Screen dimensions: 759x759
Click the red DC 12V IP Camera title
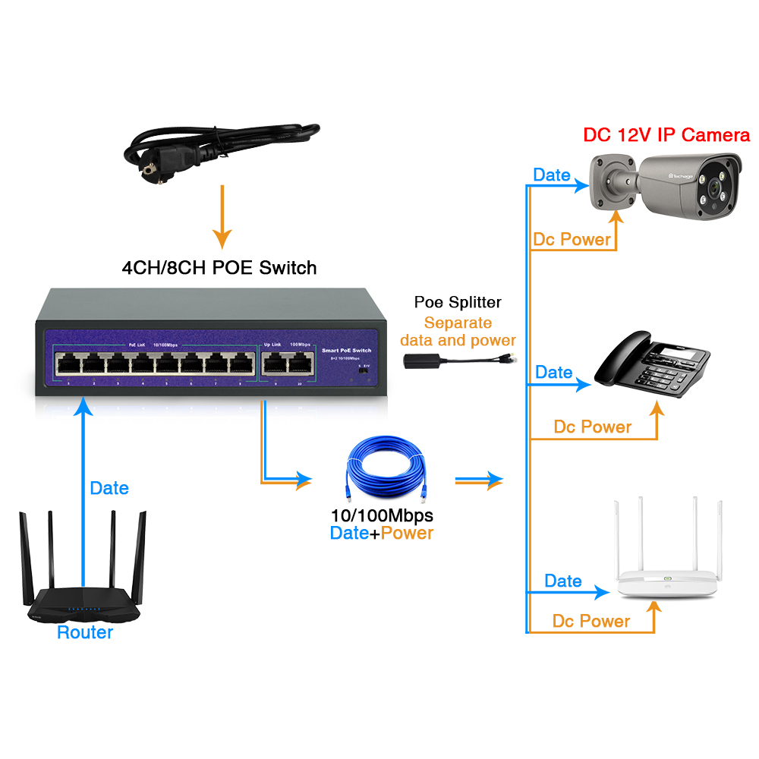pyautogui.click(x=666, y=135)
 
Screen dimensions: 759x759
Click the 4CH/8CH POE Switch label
pyautogui.click(x=219, y=267)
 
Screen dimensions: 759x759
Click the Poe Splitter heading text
pyautogui.click(x=458, y=302)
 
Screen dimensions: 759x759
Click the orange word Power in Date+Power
pyautogui.click(x=407, y=533)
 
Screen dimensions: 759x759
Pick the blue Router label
pyautogui.click(x=85, y=632)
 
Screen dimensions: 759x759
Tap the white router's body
pyautogui.click(x=668, y=585)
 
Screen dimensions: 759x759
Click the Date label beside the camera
pyautogui.click(x=552, y=175)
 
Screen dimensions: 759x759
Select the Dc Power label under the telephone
pyautogui.click(x=592, y=427)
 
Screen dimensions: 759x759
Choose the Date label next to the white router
pyautogui.click(x=563, y=581)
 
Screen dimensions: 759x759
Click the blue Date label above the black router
pyautogui.click(x=109, y=488)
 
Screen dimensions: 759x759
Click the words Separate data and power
pyautogui.click(x=458, y=332)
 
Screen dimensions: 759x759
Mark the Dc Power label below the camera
pyautogui.click(x=572, y=240)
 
